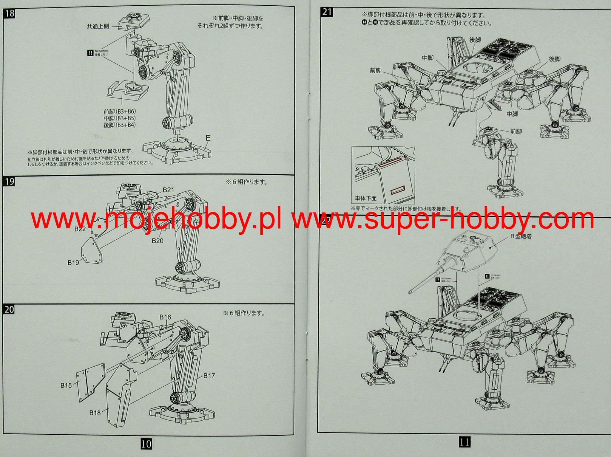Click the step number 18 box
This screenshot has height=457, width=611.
pos(10,14)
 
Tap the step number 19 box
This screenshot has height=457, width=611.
pos(10,182)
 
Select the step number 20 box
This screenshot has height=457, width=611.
pos(9,309)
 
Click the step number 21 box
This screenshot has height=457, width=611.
pos(327,12)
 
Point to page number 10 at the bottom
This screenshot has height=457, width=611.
pos(146,444)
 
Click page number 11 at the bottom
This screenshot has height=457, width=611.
pos(464,442)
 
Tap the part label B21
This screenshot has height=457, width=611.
pos(168,190)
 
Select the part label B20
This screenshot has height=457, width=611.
pos(158,241)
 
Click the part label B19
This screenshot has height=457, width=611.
pos(73,263)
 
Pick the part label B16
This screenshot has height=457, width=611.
pos(165,317)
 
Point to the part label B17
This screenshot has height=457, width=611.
pos(209,376)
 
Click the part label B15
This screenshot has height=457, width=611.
pos(66,385)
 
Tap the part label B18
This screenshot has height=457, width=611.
pos(95,413)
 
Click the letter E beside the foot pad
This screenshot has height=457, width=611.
pos(208,138)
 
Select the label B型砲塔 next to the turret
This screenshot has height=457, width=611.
pos(521,236)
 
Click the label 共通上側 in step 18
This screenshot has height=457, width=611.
pos(98,27)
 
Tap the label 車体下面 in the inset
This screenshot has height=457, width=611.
pos(365,198)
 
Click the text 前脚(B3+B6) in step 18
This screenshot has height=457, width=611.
pos(120,111)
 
